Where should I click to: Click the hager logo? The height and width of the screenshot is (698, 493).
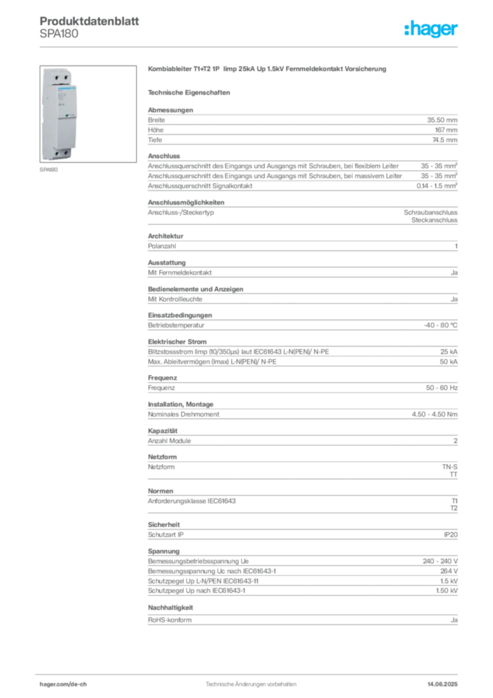(x=431, y=29)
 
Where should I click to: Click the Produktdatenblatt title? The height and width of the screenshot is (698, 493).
(x=89, y=21)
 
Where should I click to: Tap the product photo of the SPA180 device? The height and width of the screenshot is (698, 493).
(x=88, y=114)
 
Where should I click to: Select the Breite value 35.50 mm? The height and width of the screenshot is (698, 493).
(x=442, y=120)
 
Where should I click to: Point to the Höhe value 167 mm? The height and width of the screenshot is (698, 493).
(x=446, y=130)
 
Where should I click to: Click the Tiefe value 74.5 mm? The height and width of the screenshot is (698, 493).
(x=445, y=140)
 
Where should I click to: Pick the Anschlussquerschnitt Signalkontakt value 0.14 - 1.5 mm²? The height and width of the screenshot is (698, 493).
(x=437, y=185)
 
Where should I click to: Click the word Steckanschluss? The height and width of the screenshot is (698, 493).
(x=434, y=220)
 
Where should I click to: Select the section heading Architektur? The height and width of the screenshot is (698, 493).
(x=165, y=236)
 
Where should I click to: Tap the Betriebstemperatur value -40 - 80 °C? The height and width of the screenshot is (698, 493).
(x=441, y=325)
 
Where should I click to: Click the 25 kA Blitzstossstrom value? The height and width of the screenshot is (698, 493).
(x=449, y=352)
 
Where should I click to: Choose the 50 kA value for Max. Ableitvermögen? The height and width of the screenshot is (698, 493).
(x=449, y=362)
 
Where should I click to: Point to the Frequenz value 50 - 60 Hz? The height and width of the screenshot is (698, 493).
(x=441, y=388)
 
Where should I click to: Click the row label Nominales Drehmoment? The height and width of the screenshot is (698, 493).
(x=184, y=414)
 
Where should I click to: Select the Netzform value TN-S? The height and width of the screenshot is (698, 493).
(x=449, y=467)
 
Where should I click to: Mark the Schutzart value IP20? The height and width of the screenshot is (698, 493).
(x=451, y=534)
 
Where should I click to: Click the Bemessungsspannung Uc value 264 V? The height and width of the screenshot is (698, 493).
(x=449, y=571)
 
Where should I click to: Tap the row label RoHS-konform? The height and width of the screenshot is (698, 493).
(x=170, y=620)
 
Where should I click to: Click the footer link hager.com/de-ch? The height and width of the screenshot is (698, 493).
(x=63, y=684)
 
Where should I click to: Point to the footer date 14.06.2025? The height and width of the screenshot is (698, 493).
(x=443, y=684)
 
